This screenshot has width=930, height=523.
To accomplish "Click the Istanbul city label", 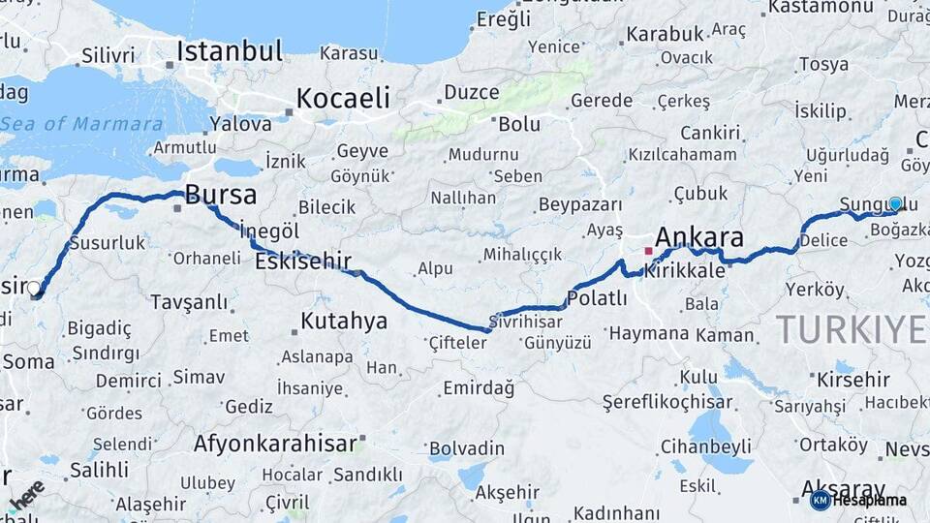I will pyautogui.click(x=230, y=50).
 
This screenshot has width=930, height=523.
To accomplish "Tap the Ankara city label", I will pyautogui.click(x=699, y=237).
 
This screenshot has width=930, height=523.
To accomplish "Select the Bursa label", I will pyautogui.click(x=221, y=196).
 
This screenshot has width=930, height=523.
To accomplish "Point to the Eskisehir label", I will pyautogui.click(x=303, y=261).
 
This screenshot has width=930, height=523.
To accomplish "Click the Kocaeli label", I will pyautogui.click(x=343, y=98).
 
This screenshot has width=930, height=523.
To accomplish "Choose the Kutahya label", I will pyautogui.click(x=344, y=321).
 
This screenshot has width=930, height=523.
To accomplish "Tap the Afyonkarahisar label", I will pyautogui.click(x=276, y=444).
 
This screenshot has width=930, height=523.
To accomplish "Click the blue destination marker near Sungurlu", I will pyautogui.click(x=895, y=204).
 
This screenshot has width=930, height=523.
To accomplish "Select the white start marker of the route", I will pyautogui.click(x=35, y=289).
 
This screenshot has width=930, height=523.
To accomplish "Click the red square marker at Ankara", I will pyautogui.click(x=648, y=251).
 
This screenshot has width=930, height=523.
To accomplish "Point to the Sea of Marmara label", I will pyautogui.click(x=82, y=124).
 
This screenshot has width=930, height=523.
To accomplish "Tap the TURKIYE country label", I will pyautogui.click(x=851, y=330).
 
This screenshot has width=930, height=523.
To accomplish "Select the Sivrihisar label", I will pyautogui.click(x=526, y=321).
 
